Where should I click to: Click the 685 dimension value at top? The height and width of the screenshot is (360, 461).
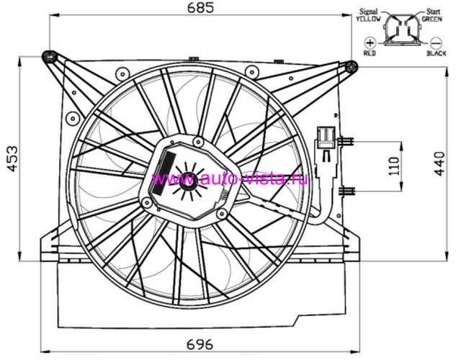click(x=200, y=8)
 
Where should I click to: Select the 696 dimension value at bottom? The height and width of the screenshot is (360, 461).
click(x=200, y=344)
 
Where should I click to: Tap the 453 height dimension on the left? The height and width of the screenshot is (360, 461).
click(x=13, y=159)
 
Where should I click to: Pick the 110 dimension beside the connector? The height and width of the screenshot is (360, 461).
click(x=394, y=166)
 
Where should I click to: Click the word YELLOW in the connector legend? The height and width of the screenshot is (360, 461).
click(x=368, y=19)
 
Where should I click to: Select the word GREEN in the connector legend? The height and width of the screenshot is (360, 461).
click(x=431, y=19)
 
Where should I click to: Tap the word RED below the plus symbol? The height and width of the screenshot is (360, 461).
click(x=370, y=53)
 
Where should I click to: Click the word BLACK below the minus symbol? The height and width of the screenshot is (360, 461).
click(x=437, y=53)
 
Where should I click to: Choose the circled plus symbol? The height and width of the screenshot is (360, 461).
click(x=370, y=43)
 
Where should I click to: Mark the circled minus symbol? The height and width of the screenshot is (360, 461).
click(x=436, y=43)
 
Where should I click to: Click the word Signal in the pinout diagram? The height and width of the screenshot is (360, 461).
click(x=368, y=12)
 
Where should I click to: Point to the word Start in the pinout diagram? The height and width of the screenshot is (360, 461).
click(x=434, y=12)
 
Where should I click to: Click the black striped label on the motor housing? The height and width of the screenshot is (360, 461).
click(x=164, y=173)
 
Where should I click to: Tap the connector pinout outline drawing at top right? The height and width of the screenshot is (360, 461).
click(x=402, y=30)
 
